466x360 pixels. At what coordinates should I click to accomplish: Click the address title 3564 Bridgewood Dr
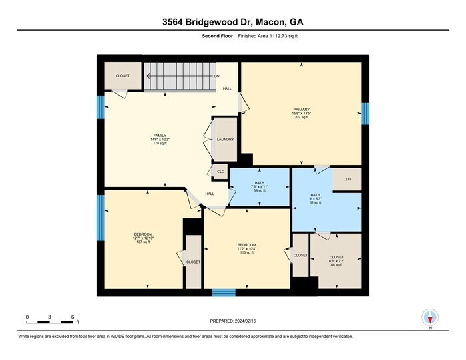coord(233,22)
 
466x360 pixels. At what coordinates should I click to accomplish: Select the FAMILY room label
coord(160,139)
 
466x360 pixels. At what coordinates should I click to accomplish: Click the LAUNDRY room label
coord(225,140)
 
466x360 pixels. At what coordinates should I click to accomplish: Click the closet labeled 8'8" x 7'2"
coord(336,260)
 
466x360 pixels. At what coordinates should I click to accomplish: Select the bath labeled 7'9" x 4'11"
coord(260,186)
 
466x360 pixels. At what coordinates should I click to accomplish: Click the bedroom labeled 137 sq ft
coord(143,238)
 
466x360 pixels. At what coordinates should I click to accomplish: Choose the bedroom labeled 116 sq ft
coord(246,248)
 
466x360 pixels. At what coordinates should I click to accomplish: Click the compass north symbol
coord(430,318)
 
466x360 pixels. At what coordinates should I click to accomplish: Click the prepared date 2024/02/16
coord(233,321)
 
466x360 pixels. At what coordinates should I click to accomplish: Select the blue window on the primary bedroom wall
coord(365,113)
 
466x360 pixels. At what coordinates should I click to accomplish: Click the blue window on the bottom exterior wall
coord(224,292)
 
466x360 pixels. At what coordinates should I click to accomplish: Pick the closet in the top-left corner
coord(122,76)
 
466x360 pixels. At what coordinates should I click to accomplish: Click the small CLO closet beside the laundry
coord(220,172)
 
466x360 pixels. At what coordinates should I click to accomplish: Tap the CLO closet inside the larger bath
coord(347,179)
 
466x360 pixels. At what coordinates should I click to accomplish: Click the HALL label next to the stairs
coord(227,89)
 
